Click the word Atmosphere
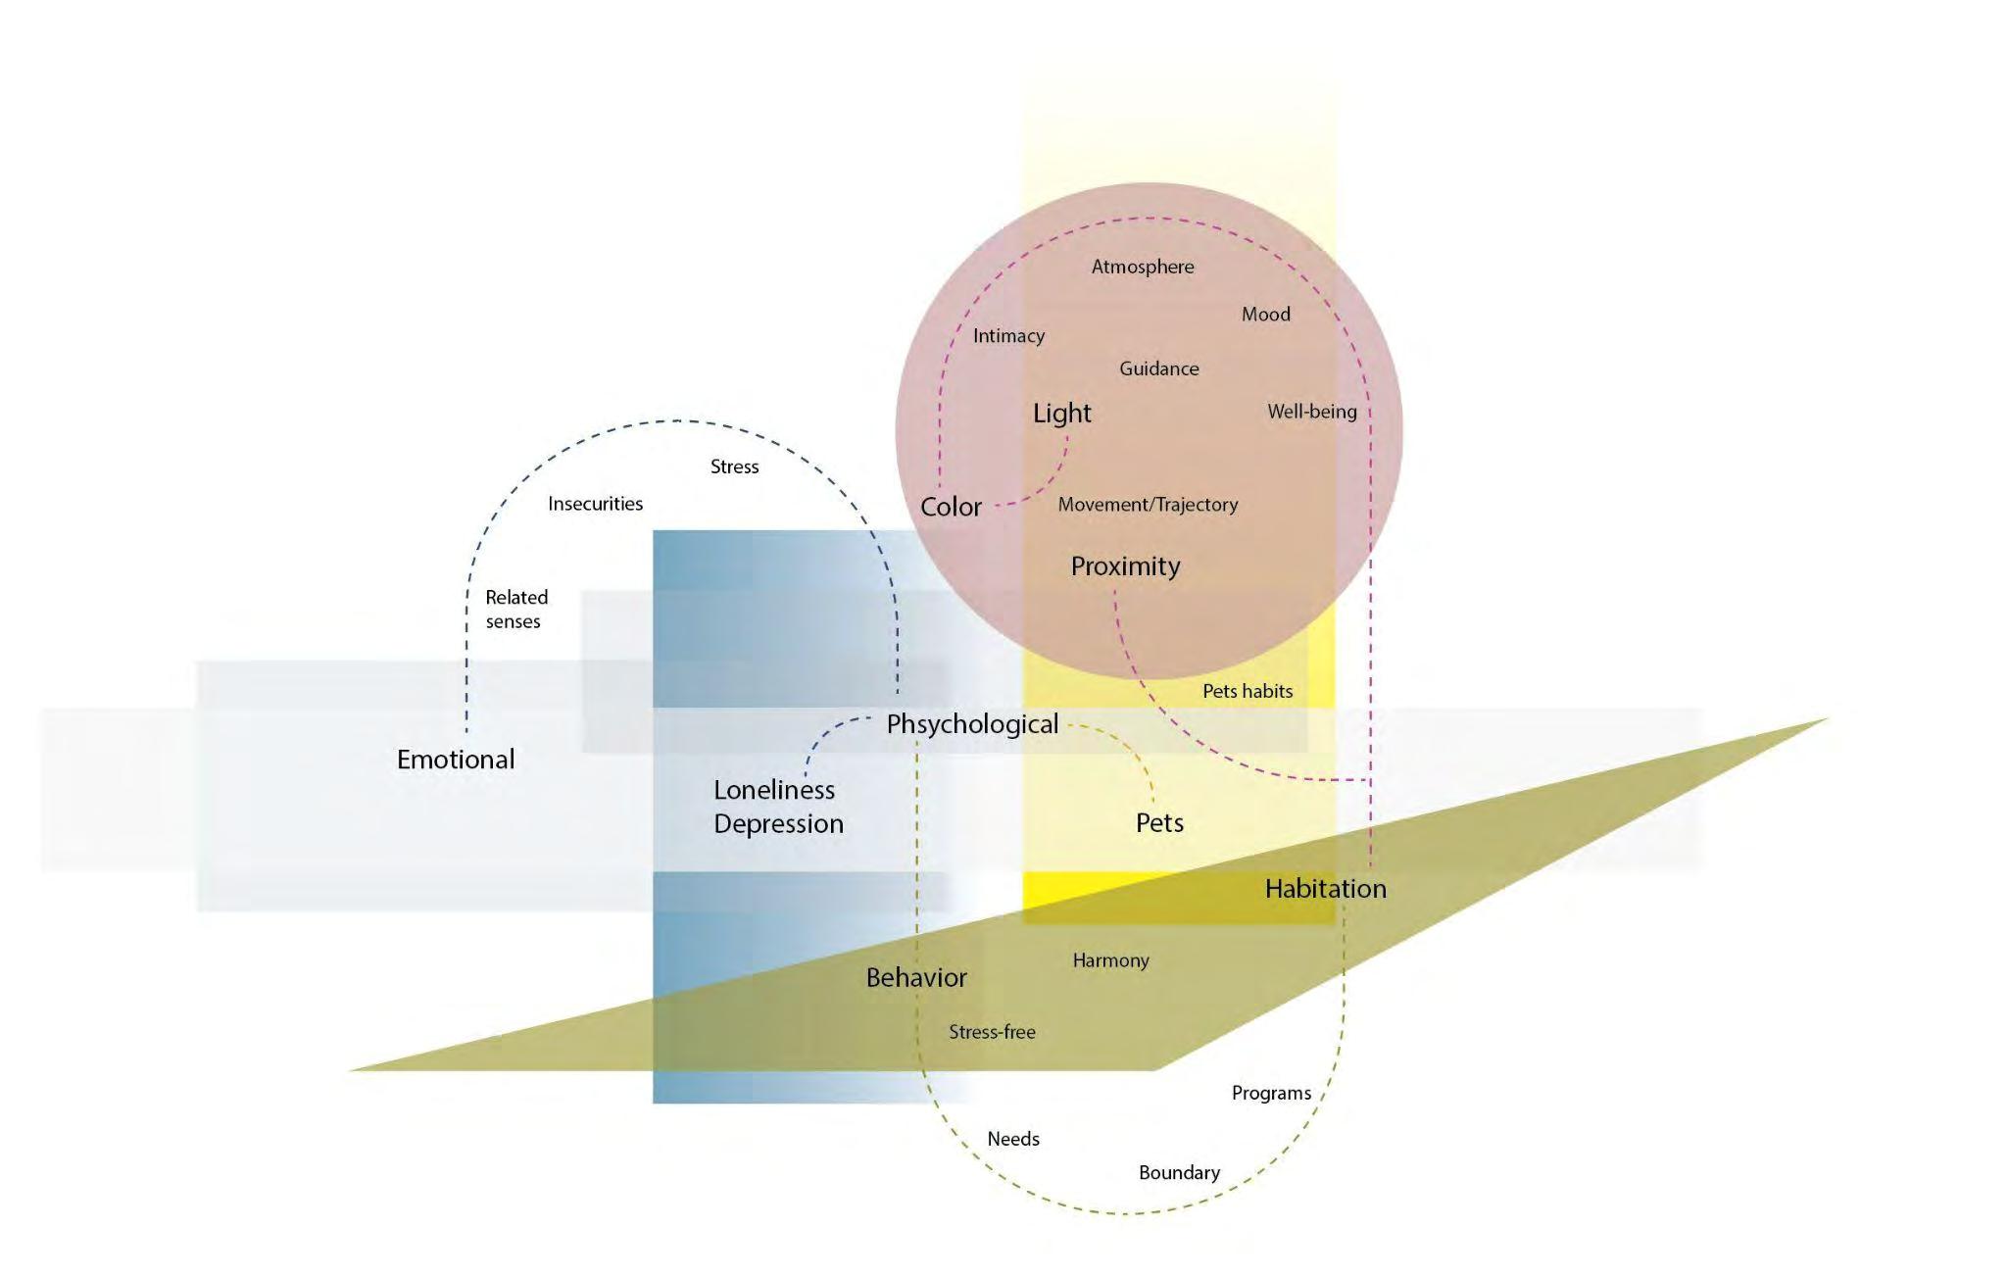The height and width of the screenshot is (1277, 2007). tap(1143, 267)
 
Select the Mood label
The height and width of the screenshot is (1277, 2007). tap(1265, 315)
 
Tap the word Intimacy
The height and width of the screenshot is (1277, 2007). tap(1008, 336)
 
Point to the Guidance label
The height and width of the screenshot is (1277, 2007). tap(1158, 369)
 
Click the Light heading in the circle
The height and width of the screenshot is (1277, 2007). tap(1061, 414)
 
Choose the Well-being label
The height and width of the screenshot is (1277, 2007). tap(1311, 412)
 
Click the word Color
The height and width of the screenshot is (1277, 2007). tap(951, 507)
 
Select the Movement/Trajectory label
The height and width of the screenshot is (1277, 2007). tap(1148, 505)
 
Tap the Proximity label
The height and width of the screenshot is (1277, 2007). tap(1125, 566)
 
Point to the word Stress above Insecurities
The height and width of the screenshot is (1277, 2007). tap(734, 467)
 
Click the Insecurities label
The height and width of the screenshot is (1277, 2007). tap(595, 504)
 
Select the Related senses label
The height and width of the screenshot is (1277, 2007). tap(515, 609)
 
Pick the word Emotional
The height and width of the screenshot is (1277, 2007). tap(456, 760)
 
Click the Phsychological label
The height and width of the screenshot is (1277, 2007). tap(972, 724)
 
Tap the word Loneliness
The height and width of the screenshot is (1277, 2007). tap(774, 790)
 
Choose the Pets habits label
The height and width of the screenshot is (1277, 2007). tap(1248, 691)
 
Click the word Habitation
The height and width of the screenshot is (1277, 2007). tap(1325, 889)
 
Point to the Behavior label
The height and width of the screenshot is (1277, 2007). tap(916, 978)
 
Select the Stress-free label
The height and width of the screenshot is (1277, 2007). tap(992, 1032)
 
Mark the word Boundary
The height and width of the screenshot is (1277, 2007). tap(1179, 1173)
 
